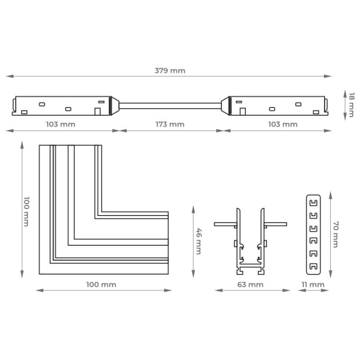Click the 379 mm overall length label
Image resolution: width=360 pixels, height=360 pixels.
click(x=170, y=71)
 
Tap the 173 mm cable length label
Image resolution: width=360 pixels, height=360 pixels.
click(x=170, y=124)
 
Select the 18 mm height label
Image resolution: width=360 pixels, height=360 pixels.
click(x=352, y=105)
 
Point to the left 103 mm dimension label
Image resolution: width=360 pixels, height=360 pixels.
click(x=60, y=124)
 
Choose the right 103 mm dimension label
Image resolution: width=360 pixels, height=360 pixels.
click(x=283, y=124)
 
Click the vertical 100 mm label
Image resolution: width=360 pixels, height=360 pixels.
click(x=26, y=211)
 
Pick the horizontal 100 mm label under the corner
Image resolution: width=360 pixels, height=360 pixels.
click(x=101, y=285)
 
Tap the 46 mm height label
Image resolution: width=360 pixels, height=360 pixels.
click(x=199, y=241)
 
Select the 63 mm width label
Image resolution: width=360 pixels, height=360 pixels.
click(x=250, y=285)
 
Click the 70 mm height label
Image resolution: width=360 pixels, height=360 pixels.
click(x=336, y=234)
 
